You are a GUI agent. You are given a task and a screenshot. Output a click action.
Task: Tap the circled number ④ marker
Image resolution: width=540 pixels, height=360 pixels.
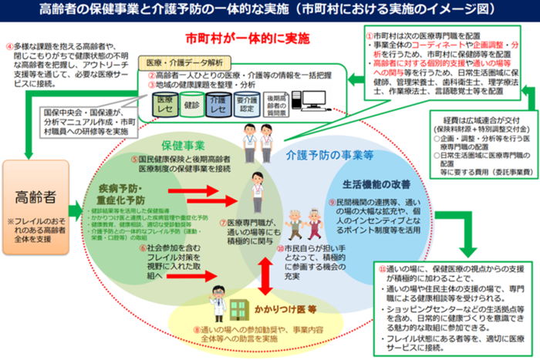point(9,44)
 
